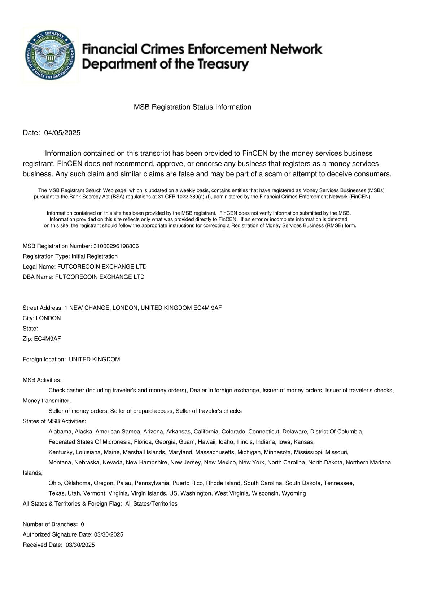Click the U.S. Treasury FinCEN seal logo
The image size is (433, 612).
click(51, 55)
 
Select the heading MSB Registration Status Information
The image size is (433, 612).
click(192, 107)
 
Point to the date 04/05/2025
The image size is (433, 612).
click(62, 133)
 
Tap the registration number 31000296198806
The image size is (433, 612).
click(116, 246)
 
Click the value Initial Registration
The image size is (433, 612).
click(95, 256)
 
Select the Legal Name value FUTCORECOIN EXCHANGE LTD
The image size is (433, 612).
click(102, 267)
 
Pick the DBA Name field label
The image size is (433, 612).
click(38, 277)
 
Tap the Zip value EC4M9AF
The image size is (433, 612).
click(47, 339)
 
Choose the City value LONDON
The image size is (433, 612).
click(48, 318)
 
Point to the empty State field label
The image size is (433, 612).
click(30, 329)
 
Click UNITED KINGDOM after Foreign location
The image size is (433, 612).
click(94, 360)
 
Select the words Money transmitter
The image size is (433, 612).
click(47, 401)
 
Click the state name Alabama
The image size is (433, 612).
click(60, 432)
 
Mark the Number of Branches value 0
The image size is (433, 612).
click(82, 524)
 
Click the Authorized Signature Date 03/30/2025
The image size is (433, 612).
click(108, 535)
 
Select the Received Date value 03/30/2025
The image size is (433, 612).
click(80, 545)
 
